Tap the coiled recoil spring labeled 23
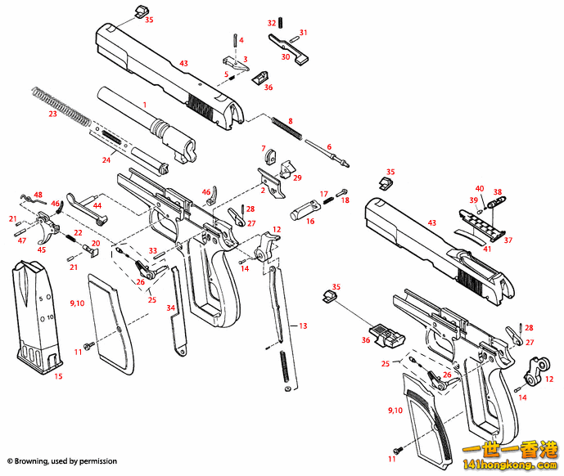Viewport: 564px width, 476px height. [x=61, y=103]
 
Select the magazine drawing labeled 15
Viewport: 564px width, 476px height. [x=36, y=314]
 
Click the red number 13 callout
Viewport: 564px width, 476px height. [x=303, y=326]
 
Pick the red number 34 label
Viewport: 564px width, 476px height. [x=170, y=308]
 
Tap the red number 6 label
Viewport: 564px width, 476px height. [x=329, y=147]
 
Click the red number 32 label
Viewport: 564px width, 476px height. [x=272, y=23]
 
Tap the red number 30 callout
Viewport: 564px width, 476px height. [x=286, y=56]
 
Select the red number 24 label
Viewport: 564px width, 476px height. [x=106, y=160]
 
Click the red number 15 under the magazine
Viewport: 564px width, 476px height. [x=58, y=376]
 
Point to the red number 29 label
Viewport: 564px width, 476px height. [x=297, y=177]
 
